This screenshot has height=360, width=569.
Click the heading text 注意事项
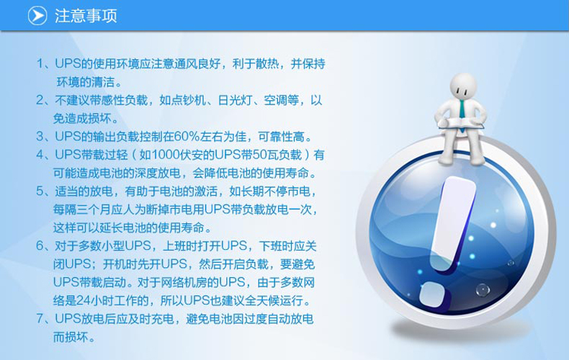coord(86,16)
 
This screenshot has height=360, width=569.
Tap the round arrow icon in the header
coord(37,16)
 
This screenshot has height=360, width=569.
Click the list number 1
coord(40,63)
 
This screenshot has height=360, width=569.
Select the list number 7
coord(40,319)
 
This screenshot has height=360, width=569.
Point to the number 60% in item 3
coord(187,137)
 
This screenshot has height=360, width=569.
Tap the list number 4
coord(40,155)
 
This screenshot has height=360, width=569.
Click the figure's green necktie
coord(462,108)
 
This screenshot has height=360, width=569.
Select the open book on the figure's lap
coord(461,124)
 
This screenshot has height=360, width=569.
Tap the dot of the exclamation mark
coord(434,293)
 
